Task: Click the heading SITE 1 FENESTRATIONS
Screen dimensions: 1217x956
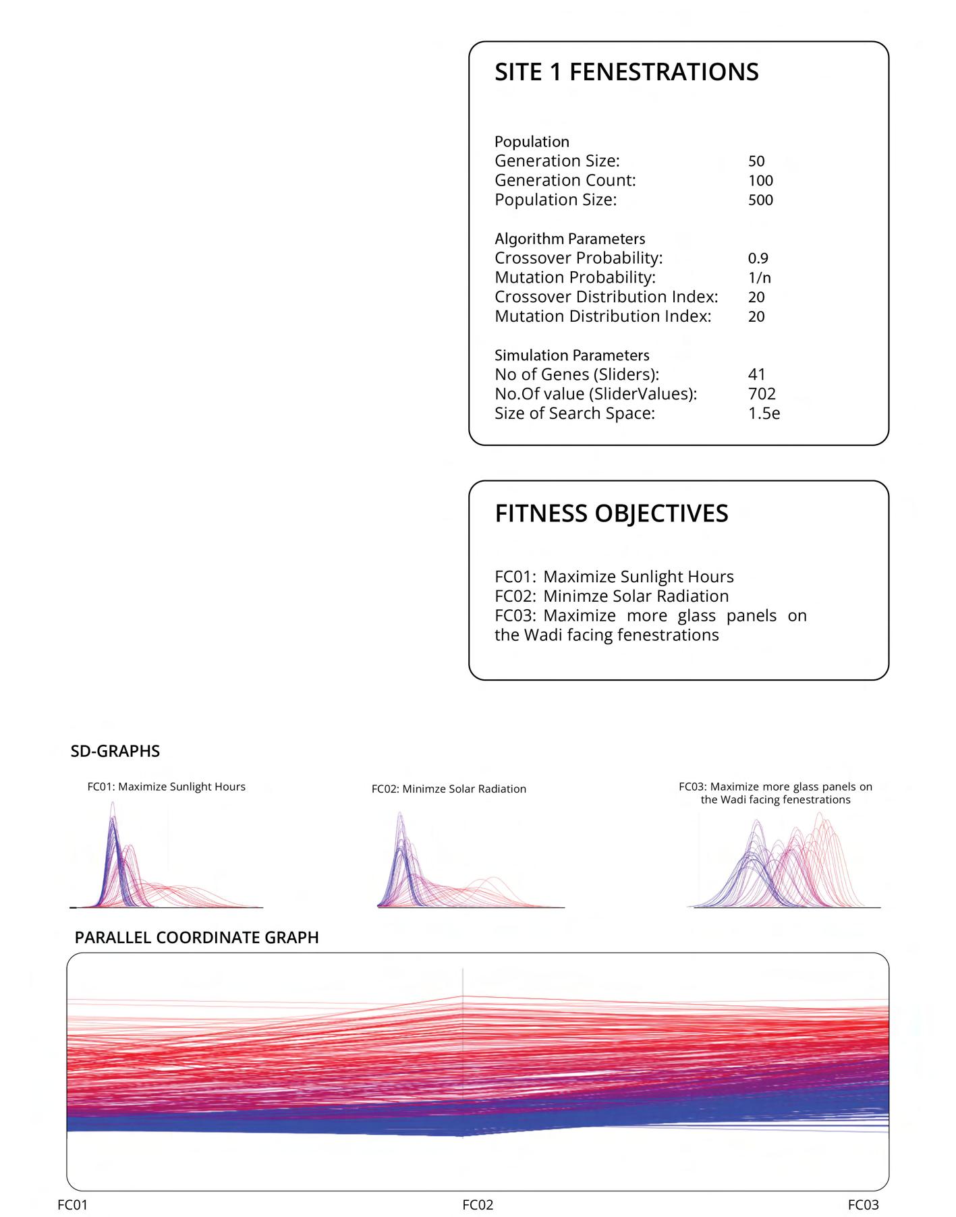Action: [626, 72]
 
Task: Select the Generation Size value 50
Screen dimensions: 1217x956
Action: [756, 161]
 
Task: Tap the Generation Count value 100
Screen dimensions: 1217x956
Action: [760, 181]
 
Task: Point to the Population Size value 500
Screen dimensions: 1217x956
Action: [760, 200]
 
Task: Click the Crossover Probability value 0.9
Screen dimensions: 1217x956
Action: [758, 258]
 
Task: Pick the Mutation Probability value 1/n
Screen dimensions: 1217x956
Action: [759, 278]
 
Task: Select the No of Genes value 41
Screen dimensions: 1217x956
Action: [757, 374]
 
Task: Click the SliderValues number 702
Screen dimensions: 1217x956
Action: [762, 394]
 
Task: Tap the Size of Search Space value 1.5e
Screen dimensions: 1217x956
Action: [764, 414]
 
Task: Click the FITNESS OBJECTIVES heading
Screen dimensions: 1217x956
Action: [611, 513]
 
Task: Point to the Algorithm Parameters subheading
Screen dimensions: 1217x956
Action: [569, 239]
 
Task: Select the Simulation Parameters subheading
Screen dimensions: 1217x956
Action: [571, 356]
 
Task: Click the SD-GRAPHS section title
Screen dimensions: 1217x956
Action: [115, 752]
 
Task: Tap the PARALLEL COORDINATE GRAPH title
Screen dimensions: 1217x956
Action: [196, 938]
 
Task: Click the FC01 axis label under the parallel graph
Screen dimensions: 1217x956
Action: [73, 1205]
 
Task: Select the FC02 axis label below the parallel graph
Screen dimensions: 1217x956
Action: [478, 1205]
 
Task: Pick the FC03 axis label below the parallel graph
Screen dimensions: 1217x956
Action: [863, 1205]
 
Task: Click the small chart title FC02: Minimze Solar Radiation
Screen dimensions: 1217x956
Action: [449, 789]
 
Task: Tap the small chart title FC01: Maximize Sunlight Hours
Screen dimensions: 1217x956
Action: [166, 787]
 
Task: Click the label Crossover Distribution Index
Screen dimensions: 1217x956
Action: [606, 298]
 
